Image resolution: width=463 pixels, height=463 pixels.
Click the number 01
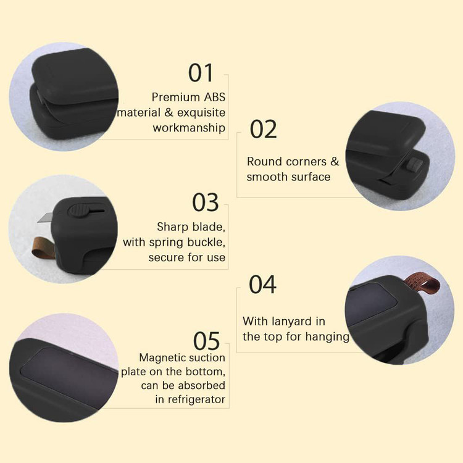[x=201, y=73]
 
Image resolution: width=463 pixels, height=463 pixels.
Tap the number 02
[x=263, y=129]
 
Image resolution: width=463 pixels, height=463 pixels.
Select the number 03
[x=205, y=202]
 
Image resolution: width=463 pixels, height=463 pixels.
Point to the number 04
[x=262, y=285]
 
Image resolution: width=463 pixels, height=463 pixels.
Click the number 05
[x=206, y=341]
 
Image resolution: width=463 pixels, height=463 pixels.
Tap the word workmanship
[x=189, y=128]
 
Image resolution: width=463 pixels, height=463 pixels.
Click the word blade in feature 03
[x=209, y=227]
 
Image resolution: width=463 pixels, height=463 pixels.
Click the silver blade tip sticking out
[x=45, y=218]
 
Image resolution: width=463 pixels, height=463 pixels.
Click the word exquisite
[x=201, y=113]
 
